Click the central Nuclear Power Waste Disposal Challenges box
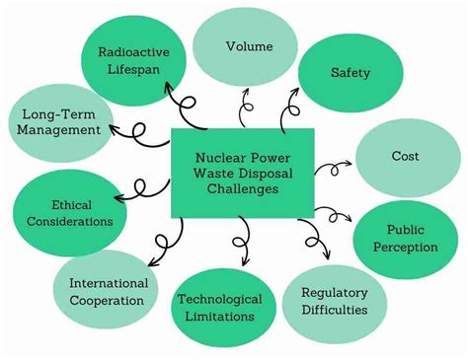coord(243,173)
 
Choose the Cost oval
coord(406,157)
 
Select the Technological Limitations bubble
coord(219,308)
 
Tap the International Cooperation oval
coord(108,292)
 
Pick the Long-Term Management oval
coord(60,122)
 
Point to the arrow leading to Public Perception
coord(336,213)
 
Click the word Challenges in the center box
coord(242,189)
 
